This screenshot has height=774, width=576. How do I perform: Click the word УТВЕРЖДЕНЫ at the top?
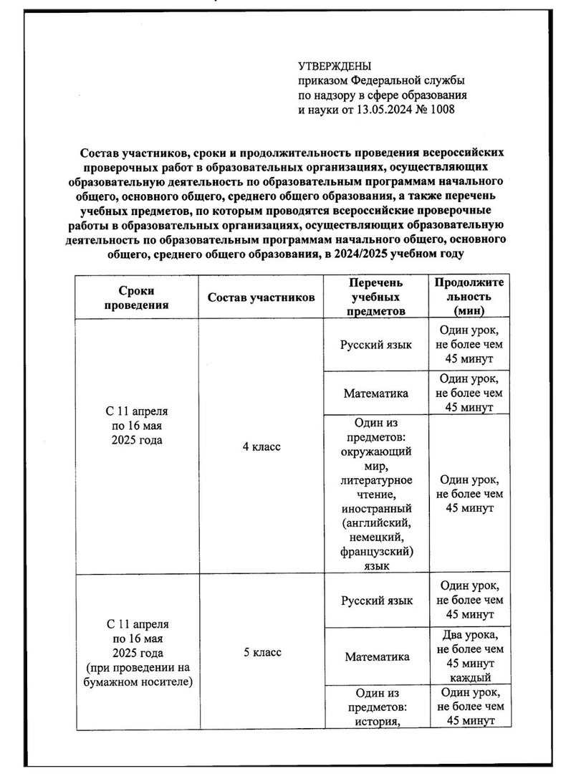click(333, 67)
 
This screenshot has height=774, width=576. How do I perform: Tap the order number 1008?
click(442, 110)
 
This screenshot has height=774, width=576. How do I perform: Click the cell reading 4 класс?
click(261, 446)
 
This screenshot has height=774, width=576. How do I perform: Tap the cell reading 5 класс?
click(261, 652)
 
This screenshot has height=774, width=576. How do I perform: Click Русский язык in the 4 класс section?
click(376, 345)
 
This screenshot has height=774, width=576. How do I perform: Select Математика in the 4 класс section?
click(376, 393)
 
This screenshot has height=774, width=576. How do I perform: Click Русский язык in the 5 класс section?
click(376, 601)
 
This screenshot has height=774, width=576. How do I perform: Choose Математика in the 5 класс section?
click(376, 656)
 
